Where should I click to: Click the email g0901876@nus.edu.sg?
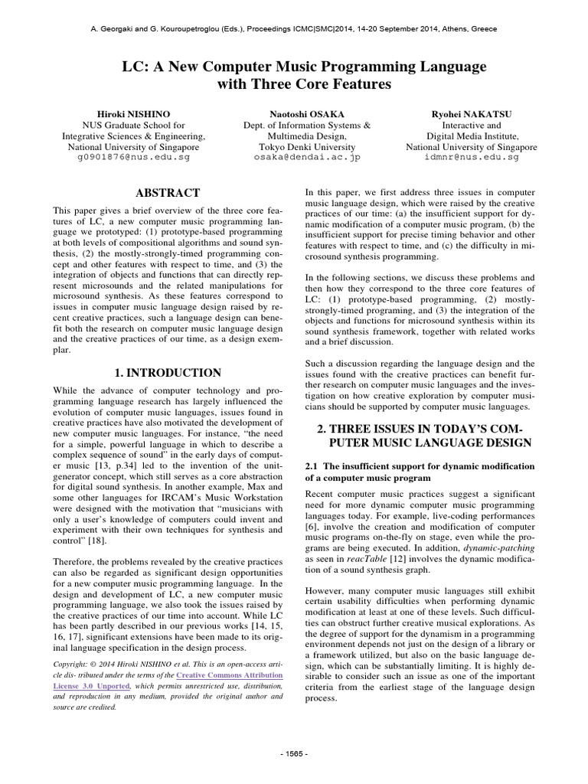[x=134, y=157]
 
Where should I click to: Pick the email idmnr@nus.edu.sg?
[x=471, y=157]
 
